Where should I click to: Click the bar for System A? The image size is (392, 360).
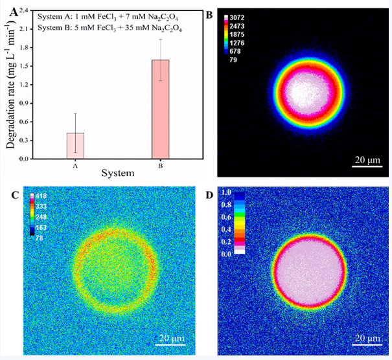pos(76,146)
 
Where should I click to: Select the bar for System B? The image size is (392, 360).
pos(160,109)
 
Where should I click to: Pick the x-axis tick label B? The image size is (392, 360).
pos(160,164)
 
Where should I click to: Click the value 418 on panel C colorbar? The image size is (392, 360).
pos(41,196)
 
